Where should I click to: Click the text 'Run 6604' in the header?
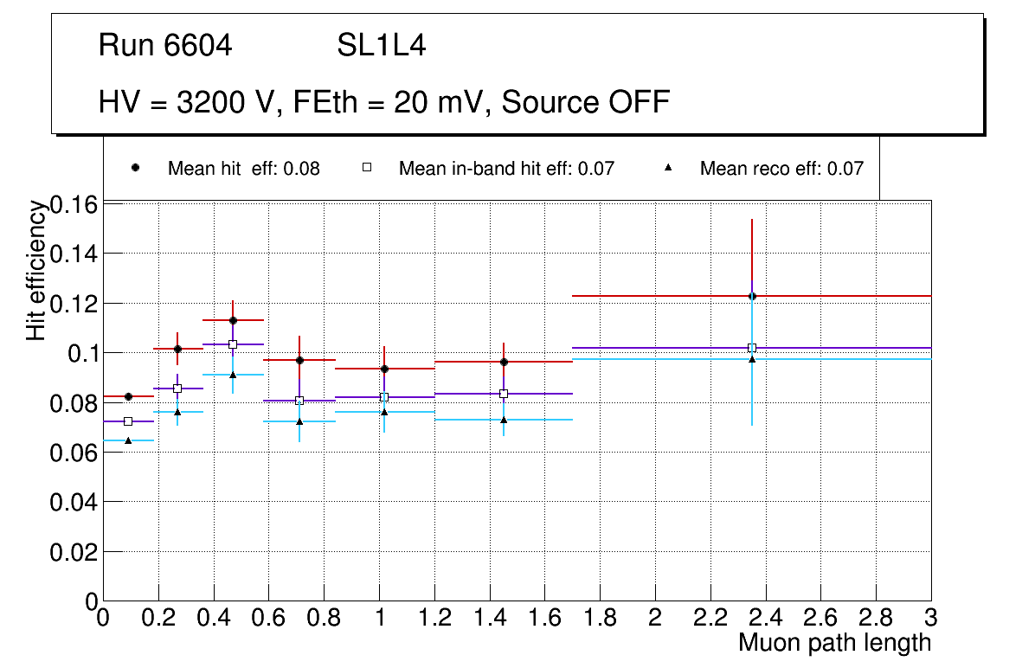pyautogui.click(x=165, y=46)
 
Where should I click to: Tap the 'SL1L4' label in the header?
pyautogui.click(x=381, y=46)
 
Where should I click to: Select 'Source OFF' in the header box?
pyautogui.click(x=586, y=102)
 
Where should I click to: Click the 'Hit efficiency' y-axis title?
pyautogui.click(x=36, y=270)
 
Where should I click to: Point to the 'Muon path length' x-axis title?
pyautogui.click(x=834, y=643)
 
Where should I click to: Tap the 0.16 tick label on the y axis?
pyautogui.click(x=74, y=205)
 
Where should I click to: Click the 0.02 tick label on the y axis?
pyautogui.click(x=74, y=551)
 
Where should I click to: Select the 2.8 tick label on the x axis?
pyautogui.click(x=876, y=618)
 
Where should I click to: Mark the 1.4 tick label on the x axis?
pyautogui.click(x=490, y=618)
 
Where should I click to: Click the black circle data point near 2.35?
pyautogui.click(x=752, y=296)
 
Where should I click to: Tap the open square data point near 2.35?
pyautogui.click(x=752, y=348)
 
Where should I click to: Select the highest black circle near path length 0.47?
pyautogui.click(x=233, y=320)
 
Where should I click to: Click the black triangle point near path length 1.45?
pyautogui.click(x=504, y=420)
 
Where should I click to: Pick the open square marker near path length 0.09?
pyautogui.click(x=128, y=421)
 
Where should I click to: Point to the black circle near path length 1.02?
pyautogui.click(x=384, y=369)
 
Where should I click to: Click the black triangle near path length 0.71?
pyautogui.click(x=299, y=421)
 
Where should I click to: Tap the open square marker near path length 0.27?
pyautogui.click(x=177, y=389)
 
